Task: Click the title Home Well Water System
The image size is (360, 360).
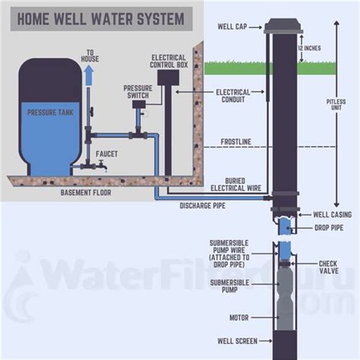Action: tap(97, 18)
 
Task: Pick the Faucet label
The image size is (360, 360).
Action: tap(106, 153)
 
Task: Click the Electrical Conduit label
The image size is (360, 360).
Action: tap(233, 96)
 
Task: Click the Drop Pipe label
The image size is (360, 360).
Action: tap(329, 227)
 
